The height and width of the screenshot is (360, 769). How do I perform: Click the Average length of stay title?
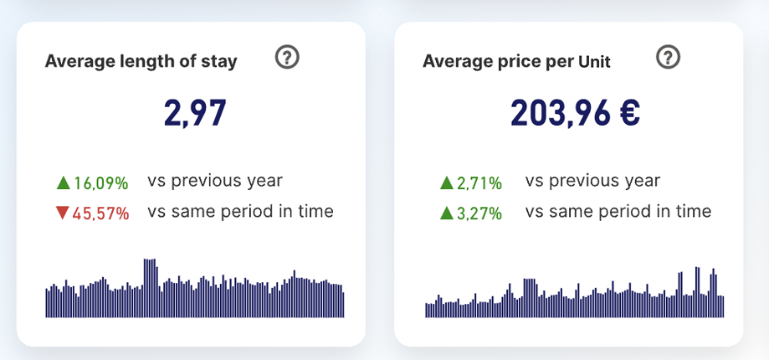click(141, 61)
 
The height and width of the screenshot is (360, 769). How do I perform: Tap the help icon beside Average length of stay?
click(287, 58)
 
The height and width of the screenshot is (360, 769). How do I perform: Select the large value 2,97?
click(195, 113)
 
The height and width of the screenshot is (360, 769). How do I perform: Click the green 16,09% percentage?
click(100, 183)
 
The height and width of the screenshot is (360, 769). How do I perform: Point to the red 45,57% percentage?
click(100, 213)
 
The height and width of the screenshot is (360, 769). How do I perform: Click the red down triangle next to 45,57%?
click(62, 213)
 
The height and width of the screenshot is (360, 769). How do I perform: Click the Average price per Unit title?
click(516, 61)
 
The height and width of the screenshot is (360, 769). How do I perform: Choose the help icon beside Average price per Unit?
click(668, 58)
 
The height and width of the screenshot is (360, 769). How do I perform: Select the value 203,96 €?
click(575, 113)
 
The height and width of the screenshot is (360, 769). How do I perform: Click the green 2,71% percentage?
click(479, 183)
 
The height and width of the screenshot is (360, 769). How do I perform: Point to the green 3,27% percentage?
click(479, 213)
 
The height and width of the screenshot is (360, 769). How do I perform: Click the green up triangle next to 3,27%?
click(446, 213)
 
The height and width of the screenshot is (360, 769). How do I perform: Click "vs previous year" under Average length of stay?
click(215, 180)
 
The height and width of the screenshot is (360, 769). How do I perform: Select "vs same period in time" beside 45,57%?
click(240, 211)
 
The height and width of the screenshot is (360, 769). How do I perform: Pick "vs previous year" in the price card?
click(592, 180)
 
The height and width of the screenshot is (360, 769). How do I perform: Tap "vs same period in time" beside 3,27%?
click(618, 211)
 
